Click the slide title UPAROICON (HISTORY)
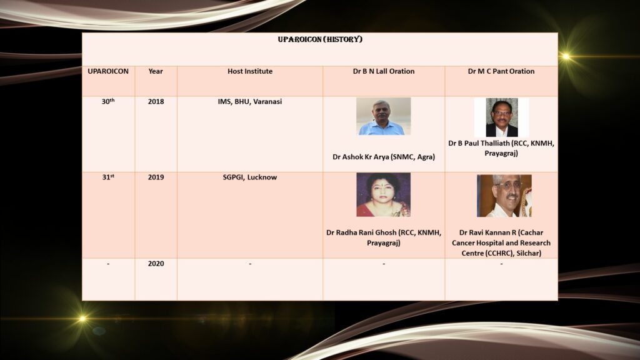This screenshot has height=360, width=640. tap(320, 39)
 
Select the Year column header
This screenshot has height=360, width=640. tap(156, 71)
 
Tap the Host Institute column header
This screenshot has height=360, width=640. tap(250, 71)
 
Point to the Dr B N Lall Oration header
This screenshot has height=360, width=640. tap(384, 71)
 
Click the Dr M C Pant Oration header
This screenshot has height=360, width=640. tap(501, 71)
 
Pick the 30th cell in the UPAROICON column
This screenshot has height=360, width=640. tap(108, 101)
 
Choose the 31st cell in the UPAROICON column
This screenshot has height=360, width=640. tap(108, 177)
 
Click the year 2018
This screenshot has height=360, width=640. tap(156, 102)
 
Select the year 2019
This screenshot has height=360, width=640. tap(156, 177)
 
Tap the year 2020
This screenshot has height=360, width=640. tap(156, 264)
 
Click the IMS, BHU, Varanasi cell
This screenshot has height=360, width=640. tap(250, 102)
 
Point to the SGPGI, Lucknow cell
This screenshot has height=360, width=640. tap(250, 177)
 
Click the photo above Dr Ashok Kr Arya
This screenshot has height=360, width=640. tap(383, 116)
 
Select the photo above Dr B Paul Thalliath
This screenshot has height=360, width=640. tap(502, 117)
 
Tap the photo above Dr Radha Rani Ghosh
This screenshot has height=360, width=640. tap(383, 195)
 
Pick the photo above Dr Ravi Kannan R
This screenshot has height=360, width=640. tap(504, 196)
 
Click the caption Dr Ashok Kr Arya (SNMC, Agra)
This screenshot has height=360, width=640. tap(384, 157)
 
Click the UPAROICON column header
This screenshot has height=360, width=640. tap(108, 71)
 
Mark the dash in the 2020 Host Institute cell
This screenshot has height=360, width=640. tap(250, 264)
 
